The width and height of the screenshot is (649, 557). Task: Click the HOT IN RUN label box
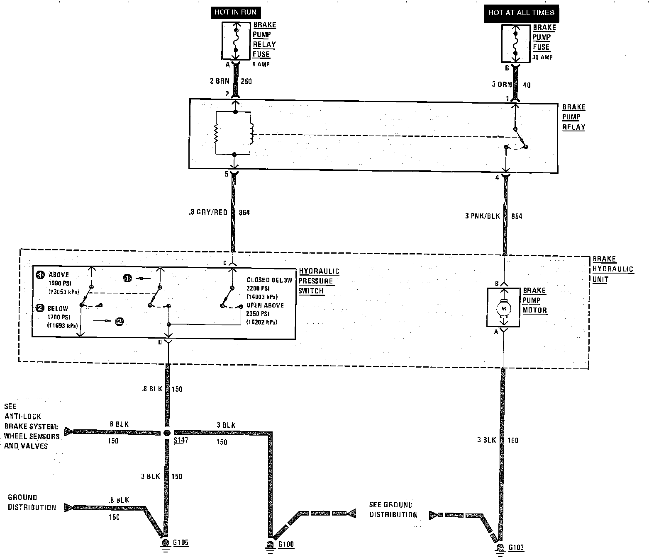coord(236,12)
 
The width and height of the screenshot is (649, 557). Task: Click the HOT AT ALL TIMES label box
coord(521,12)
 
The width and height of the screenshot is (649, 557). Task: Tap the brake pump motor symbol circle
coord(504,308)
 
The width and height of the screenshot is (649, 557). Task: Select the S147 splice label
coord(181,440)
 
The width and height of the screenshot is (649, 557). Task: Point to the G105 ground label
coord(181,542)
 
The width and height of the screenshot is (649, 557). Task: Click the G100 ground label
coord(286,544)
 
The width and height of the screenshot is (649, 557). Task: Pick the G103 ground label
coord(516,547)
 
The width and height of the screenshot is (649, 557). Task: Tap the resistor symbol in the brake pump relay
coord(216,133)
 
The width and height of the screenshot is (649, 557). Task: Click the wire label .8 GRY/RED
coord(207,212)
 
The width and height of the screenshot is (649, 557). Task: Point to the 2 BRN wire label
coord(220,81)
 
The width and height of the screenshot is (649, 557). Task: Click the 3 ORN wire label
coord(502,85)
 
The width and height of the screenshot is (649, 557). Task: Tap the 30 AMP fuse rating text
coord(542,57)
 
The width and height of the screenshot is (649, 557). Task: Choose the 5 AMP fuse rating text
coord(261,64)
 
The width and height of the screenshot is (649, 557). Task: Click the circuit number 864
coord(244,213)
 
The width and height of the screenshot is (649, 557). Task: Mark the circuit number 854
coord(517,216)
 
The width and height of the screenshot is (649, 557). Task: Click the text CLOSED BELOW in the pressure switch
coord(269,280)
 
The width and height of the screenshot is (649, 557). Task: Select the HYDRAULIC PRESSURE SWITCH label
coord(319,281)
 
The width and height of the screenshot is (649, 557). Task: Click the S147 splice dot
coord(167,433)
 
